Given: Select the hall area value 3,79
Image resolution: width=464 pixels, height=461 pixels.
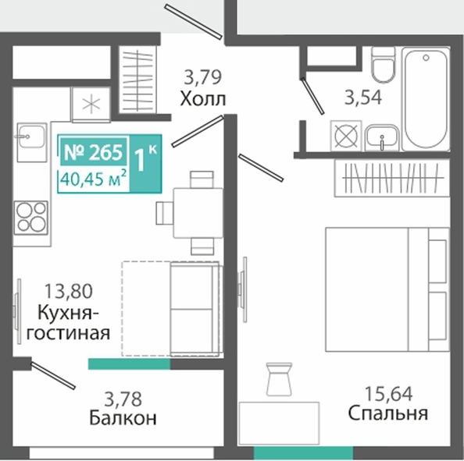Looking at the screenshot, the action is [x=202, y=77].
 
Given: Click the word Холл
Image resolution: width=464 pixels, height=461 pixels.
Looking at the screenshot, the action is [x=203, y=99].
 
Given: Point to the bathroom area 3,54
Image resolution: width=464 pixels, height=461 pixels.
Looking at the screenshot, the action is [x=363, y=98].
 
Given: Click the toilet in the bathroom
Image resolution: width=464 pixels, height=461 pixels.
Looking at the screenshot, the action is [x=384, y=65].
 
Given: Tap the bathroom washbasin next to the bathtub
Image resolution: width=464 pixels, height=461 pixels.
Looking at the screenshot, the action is [x=382, y=138].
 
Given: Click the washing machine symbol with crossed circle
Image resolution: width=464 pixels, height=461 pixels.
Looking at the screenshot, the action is [x=346, y=136].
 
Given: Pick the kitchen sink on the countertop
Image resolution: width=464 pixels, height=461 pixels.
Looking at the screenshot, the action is [x=32, y=143].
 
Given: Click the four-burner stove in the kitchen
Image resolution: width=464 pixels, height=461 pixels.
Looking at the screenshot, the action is [x=30, y=217].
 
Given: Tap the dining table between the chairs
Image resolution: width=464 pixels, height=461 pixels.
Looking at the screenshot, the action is [x=198, y=213].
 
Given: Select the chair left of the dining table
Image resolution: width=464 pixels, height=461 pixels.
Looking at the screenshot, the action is [x=165, y=213].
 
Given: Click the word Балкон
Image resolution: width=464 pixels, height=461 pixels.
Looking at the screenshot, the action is [x=123, y=418].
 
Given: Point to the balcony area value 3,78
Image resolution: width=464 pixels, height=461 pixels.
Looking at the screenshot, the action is [x=123, y=399].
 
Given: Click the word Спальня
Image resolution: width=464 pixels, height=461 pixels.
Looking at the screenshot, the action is [x=388, y=413].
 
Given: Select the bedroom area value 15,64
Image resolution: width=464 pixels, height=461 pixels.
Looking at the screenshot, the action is [x=388, y=394].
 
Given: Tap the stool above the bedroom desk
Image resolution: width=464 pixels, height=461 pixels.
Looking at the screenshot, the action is [x=279, y=379].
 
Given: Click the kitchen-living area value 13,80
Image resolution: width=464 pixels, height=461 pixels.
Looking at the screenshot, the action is [x=69, y=291].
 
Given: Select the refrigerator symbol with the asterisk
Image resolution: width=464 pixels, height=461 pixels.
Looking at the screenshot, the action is [x=91, y=105].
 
